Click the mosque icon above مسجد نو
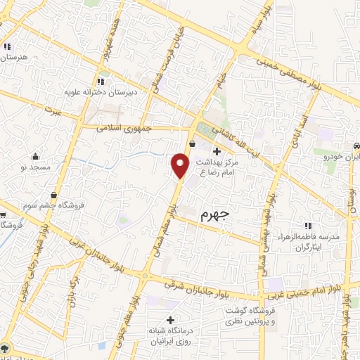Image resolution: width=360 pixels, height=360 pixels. [34, 156]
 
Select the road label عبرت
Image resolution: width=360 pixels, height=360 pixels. [53, 111]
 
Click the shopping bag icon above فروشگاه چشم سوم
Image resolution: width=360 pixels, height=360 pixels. [54, 195]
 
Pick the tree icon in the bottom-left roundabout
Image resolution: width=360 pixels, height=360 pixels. [6, 349]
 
